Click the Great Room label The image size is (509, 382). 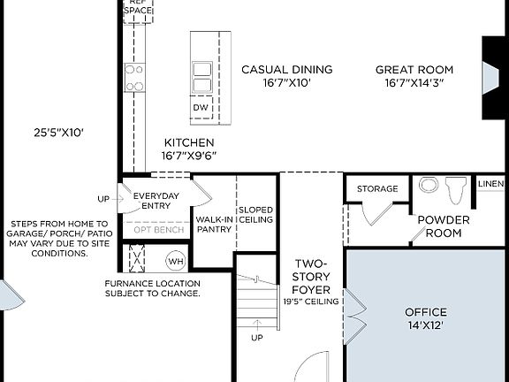[414, 70]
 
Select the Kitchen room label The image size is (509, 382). [188, 142]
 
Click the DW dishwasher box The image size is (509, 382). [201, 107]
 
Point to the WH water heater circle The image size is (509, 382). [176, 262]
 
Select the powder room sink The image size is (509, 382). [428, 187]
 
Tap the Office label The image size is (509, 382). [425, 312]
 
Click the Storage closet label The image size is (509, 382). [377, 188]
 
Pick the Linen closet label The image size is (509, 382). [490, 183]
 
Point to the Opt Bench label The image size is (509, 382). [159, 230]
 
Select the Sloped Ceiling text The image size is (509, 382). [255, 214]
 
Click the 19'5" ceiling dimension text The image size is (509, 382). [311, 302]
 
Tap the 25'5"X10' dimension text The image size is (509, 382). [58, 134]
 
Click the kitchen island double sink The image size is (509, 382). [201, 77]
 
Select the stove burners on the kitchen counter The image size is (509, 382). [134, 78]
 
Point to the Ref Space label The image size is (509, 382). [137, 7]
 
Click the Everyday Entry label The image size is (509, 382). [156, 202]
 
